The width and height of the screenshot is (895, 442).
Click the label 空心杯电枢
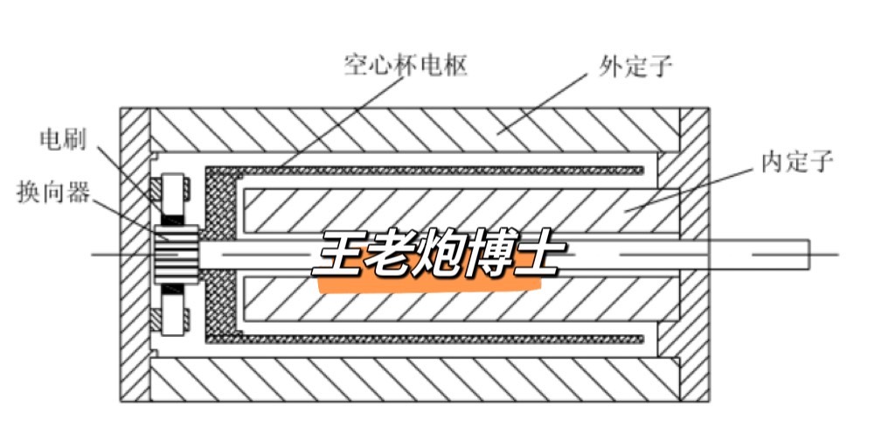[406, 66]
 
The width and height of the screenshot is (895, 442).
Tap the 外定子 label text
[635, 66]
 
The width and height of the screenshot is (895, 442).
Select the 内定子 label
[797, 161]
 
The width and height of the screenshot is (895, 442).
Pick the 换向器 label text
[53, 192]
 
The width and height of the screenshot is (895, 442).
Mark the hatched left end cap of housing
[135, 254]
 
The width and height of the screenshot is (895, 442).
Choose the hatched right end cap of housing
[696, 254]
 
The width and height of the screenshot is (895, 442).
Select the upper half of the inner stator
[454, 210]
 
